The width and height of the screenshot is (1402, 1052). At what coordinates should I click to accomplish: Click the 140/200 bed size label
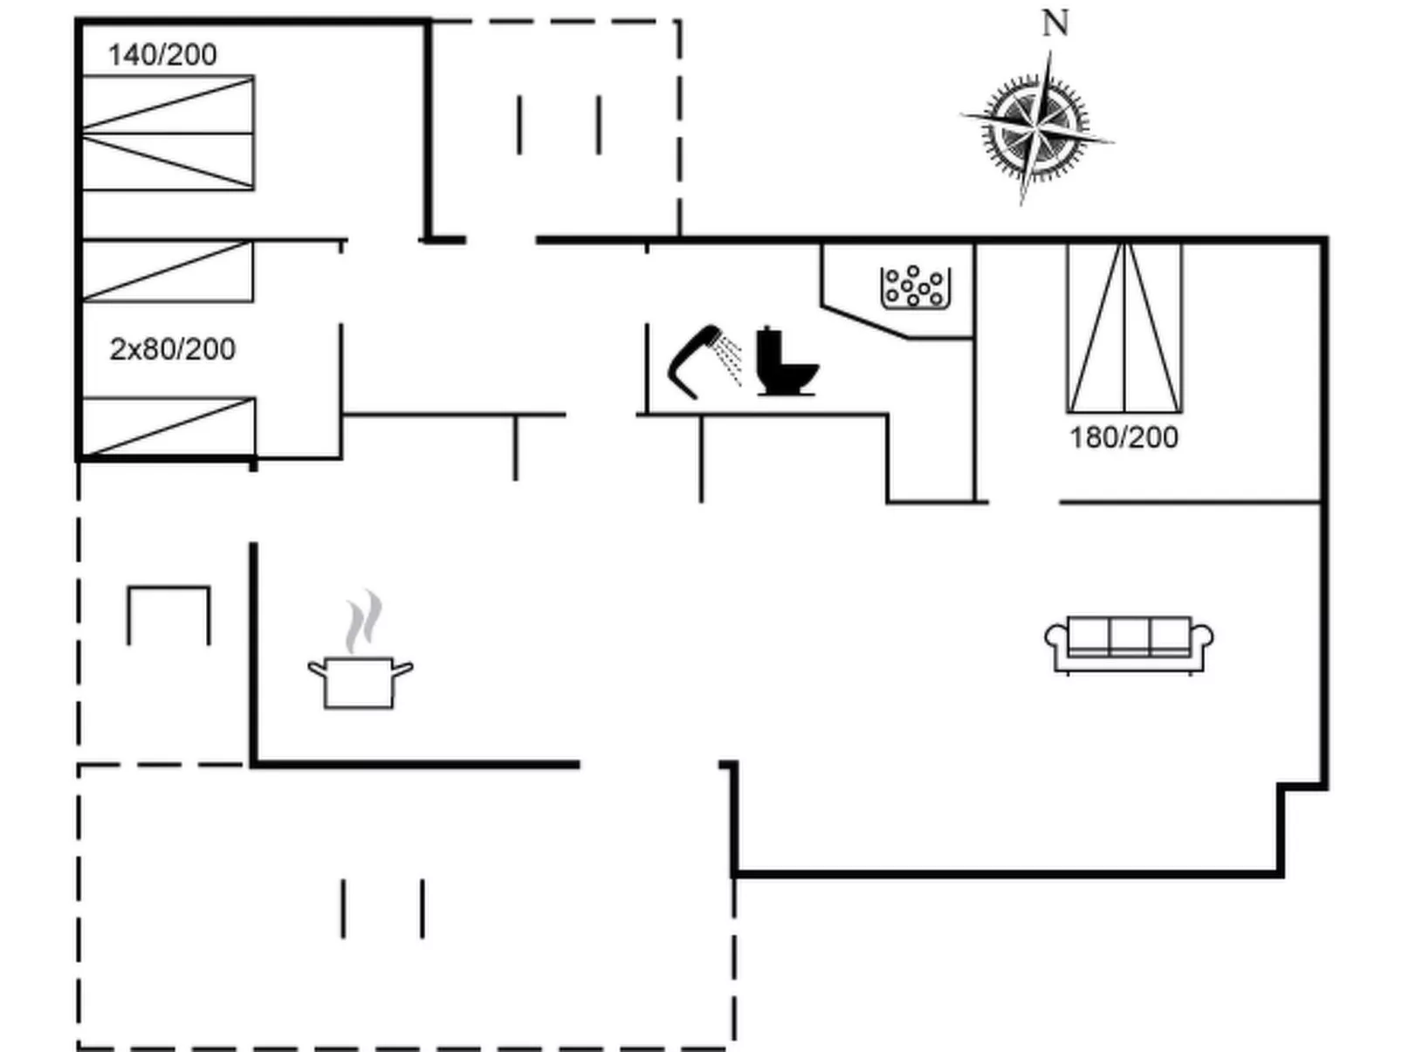[x=162, y=55]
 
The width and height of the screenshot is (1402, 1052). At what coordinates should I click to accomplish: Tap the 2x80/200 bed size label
[x=172, y=349]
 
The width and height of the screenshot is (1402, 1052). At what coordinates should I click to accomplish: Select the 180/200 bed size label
[x=1124, y=437]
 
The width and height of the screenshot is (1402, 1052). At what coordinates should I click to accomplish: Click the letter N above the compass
[x=1055, y=24]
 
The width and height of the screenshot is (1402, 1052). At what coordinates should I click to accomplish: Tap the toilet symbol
[x=783, y=362]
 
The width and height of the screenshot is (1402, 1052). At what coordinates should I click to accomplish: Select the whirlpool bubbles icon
[x=915, y=287]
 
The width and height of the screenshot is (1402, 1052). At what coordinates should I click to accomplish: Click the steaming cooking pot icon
[x=359, y=681]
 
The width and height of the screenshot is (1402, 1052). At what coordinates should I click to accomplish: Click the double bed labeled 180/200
[x=1124, y=327]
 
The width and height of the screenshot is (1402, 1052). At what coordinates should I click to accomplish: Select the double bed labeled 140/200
[x=168, y=133]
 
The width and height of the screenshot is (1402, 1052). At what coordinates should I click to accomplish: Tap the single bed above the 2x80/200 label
[x=167, y=272]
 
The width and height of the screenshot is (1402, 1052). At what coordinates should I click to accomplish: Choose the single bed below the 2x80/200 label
[x=168, y=426]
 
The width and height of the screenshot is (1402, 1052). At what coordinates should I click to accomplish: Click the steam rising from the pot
[x=364, y=622]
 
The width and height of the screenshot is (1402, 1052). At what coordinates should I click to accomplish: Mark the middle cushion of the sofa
[x=1129, y=636]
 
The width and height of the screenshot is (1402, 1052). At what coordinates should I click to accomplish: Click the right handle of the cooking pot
[x=402, y=670]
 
